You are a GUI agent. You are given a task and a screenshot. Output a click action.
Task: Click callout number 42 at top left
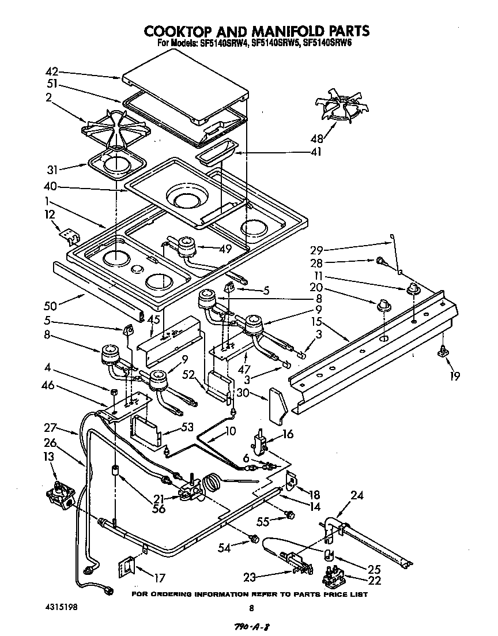52,72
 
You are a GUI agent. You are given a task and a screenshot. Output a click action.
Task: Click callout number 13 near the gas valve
50,457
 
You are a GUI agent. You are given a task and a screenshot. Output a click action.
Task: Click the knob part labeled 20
381,304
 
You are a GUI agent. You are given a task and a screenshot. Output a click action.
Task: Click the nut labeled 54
253,539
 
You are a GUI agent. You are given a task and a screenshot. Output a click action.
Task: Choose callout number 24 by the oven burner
358,494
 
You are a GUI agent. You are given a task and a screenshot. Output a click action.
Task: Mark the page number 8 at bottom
251,607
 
